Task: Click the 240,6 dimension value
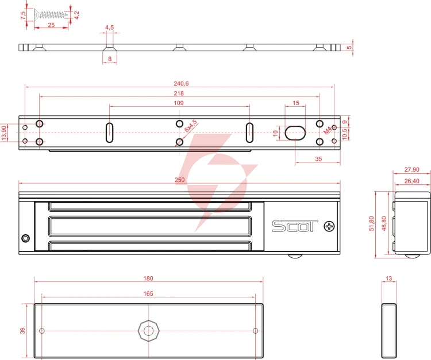(x=181, y=83)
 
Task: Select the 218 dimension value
(x=179, y=94)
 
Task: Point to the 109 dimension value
(x=179, y=103)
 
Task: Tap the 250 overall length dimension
(x=179, y=180)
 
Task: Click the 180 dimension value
(x=148, y=278)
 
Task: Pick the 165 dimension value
(x=148, y=293)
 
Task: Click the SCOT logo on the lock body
(x=295, y=226)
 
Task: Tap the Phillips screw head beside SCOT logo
(x=329, y=227)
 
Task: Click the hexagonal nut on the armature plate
(x=148, y=331)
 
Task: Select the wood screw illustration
(x=51, y=14)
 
